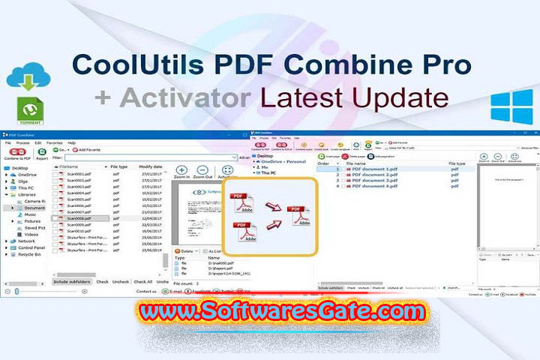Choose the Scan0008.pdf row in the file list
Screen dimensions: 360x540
point(79,217)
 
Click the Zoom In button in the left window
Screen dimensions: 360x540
point(181,173)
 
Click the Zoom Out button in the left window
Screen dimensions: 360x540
point(203,173)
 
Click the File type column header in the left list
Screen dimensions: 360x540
point(120,166)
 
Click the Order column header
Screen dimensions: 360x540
point(324,163)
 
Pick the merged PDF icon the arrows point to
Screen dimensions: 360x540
point(298,217)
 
